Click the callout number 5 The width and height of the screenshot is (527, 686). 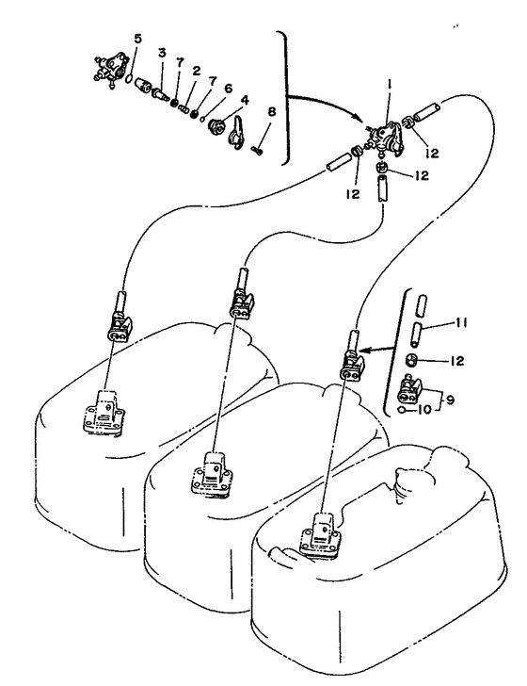[x=137, y=39]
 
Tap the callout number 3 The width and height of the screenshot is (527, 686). [x=162, y=53]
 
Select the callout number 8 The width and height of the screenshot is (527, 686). [x=272, y=112]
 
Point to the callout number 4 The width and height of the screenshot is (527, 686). [x=245, y=100]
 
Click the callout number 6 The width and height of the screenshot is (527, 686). [x=228, y=88]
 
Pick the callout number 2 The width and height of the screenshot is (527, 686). [x=196, y=71]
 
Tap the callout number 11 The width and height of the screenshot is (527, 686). [x=461, y=322]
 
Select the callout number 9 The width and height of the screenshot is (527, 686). [x=450, y=400]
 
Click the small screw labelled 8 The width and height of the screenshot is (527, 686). [x=257, y=151]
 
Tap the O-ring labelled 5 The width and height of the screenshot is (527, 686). [x=129, y=78]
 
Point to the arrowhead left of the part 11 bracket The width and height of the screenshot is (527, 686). [x=365, y=350]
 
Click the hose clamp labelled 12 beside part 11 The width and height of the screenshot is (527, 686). [x=412, y=361]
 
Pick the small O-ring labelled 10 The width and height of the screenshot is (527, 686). [x=402, y=410]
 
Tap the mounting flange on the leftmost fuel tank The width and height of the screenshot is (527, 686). [x=104, y=414]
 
